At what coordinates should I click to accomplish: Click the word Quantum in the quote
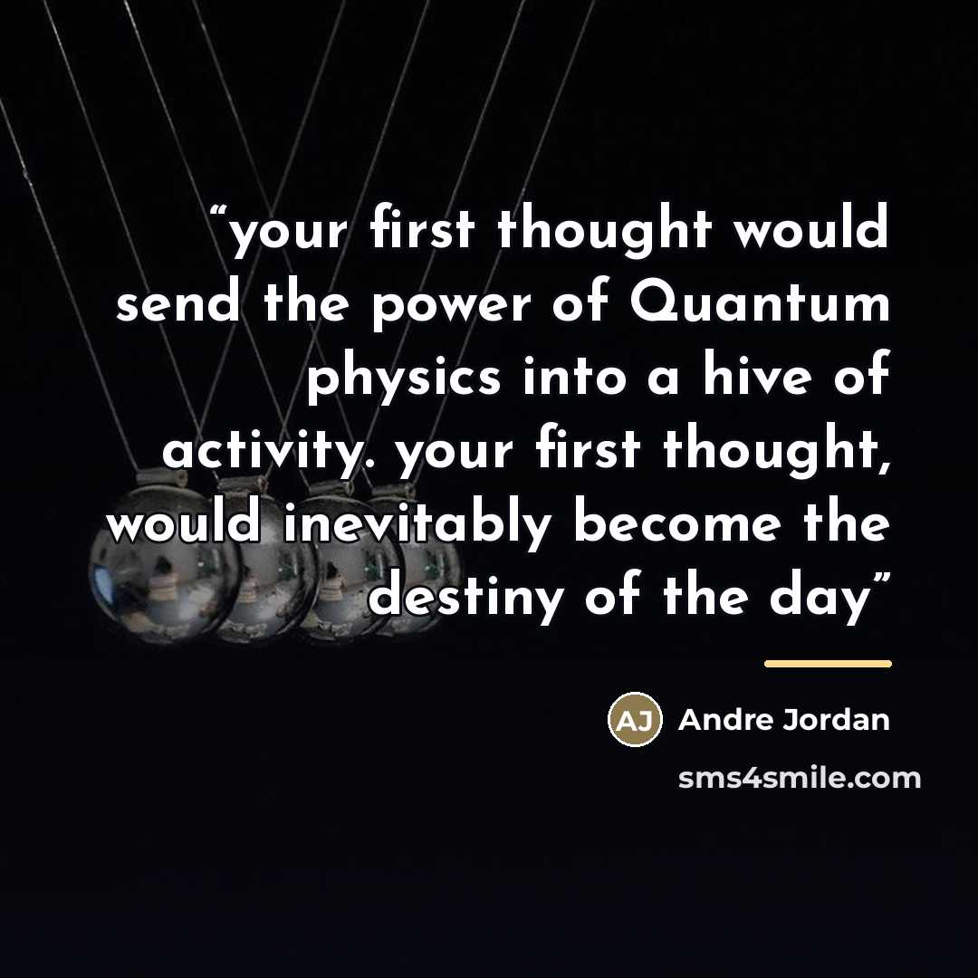click(760, 303)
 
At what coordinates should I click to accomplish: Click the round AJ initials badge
click(635, 719)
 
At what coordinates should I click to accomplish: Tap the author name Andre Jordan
click(783, 720)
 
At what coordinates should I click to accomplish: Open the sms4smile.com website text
click(800, 779)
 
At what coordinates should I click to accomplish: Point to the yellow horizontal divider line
click(828, 664)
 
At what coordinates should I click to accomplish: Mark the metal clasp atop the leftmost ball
click(161, 478)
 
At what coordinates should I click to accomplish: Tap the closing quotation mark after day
click(879, 581)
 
